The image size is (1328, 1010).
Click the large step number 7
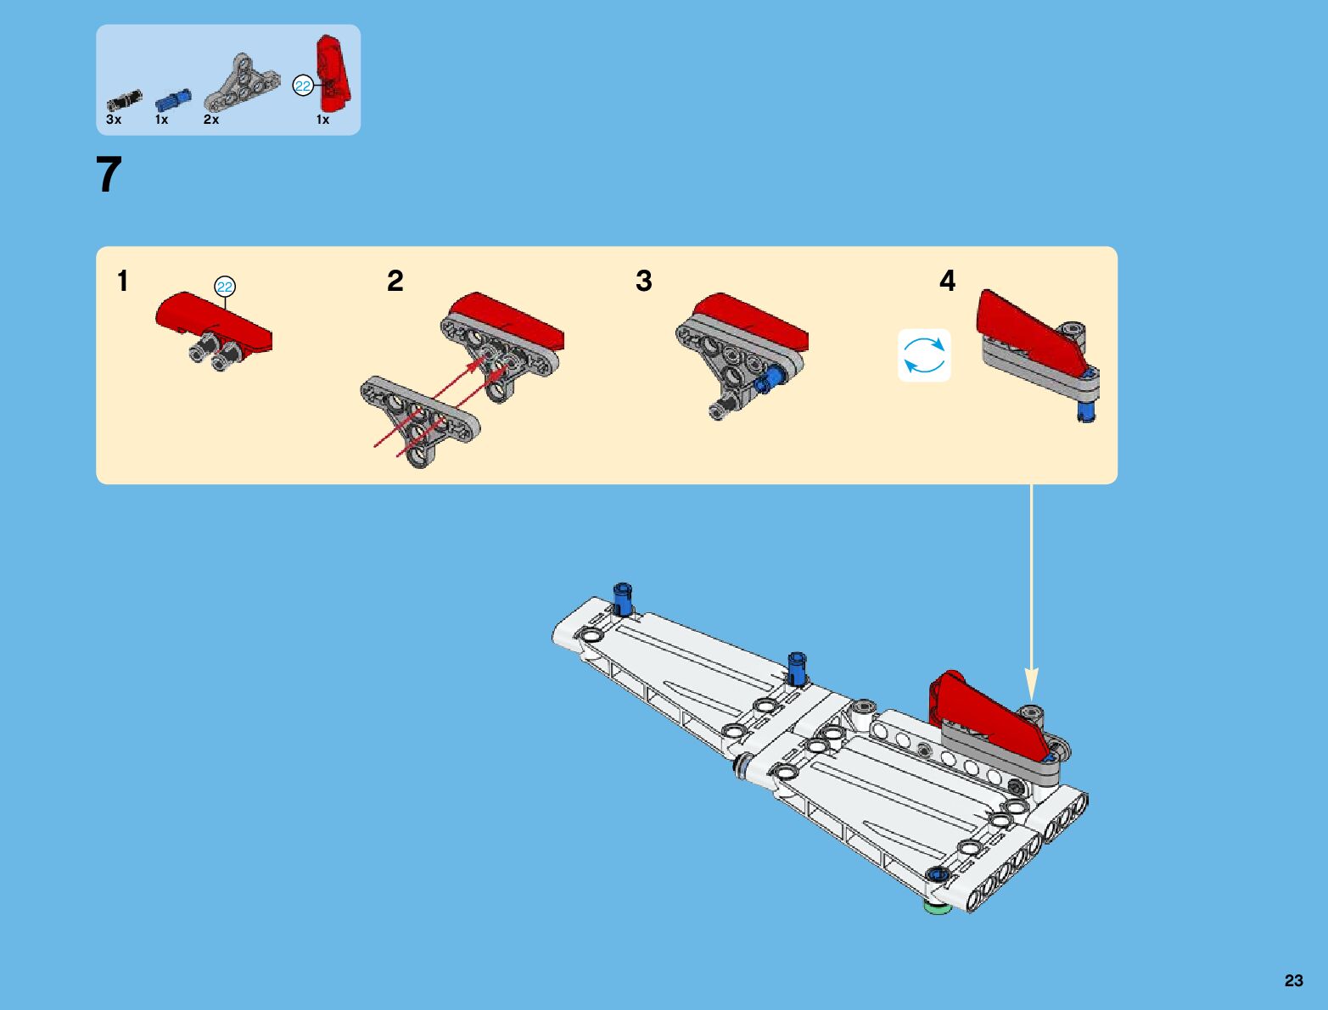pos(109,174)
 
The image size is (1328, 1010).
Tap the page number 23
pos(1293,980)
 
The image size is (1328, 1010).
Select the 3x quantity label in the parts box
pos(114,120)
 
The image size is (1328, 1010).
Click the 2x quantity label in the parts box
pos(211,120)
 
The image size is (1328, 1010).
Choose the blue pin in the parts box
pos(173,100)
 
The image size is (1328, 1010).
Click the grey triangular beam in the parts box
pos(241,83)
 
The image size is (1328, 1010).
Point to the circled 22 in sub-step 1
pos(225,287)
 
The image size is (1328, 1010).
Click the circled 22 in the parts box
pos(302,86)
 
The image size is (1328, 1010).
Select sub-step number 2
pos(395,281)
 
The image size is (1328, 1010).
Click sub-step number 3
pos(644,281)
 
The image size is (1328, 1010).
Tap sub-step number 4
pos(948,281)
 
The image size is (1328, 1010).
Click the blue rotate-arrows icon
pos(924,355)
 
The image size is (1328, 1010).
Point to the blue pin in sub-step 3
pos(769,382)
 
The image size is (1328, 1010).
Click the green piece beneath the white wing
pos(937,907)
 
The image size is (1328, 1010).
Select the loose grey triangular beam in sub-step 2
pos(420,421)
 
